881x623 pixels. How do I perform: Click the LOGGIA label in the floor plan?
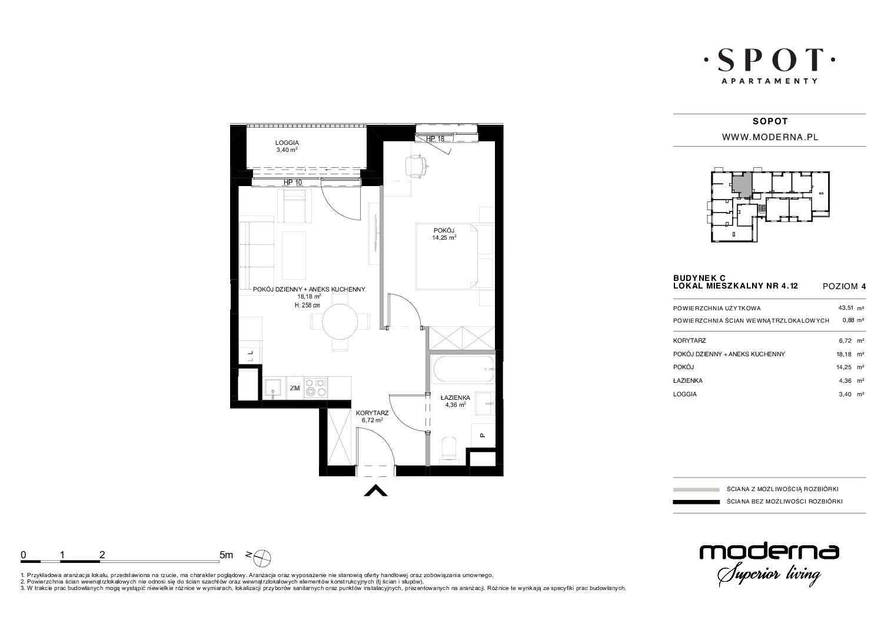point(287,143)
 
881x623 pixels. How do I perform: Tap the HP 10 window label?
point(293,183)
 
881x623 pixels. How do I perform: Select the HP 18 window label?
point(435,138)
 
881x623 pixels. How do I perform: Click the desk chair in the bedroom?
point(415,166)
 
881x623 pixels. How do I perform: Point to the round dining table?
point(340,322)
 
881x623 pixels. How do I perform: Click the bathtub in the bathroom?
point(463,369)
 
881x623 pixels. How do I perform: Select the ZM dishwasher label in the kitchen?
point(295,388)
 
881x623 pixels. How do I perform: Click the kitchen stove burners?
point(316,387)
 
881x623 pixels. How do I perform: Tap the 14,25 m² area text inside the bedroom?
point(444,237)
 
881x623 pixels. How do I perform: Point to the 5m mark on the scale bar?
point(226,555)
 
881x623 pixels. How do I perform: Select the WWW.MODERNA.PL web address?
point(770,137)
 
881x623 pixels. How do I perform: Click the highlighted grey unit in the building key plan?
point(742,185)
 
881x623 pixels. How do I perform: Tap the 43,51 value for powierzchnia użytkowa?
point(846,308)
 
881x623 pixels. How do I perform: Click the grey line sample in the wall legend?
point(696,490)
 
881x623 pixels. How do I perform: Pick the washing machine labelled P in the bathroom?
point(483,435)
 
